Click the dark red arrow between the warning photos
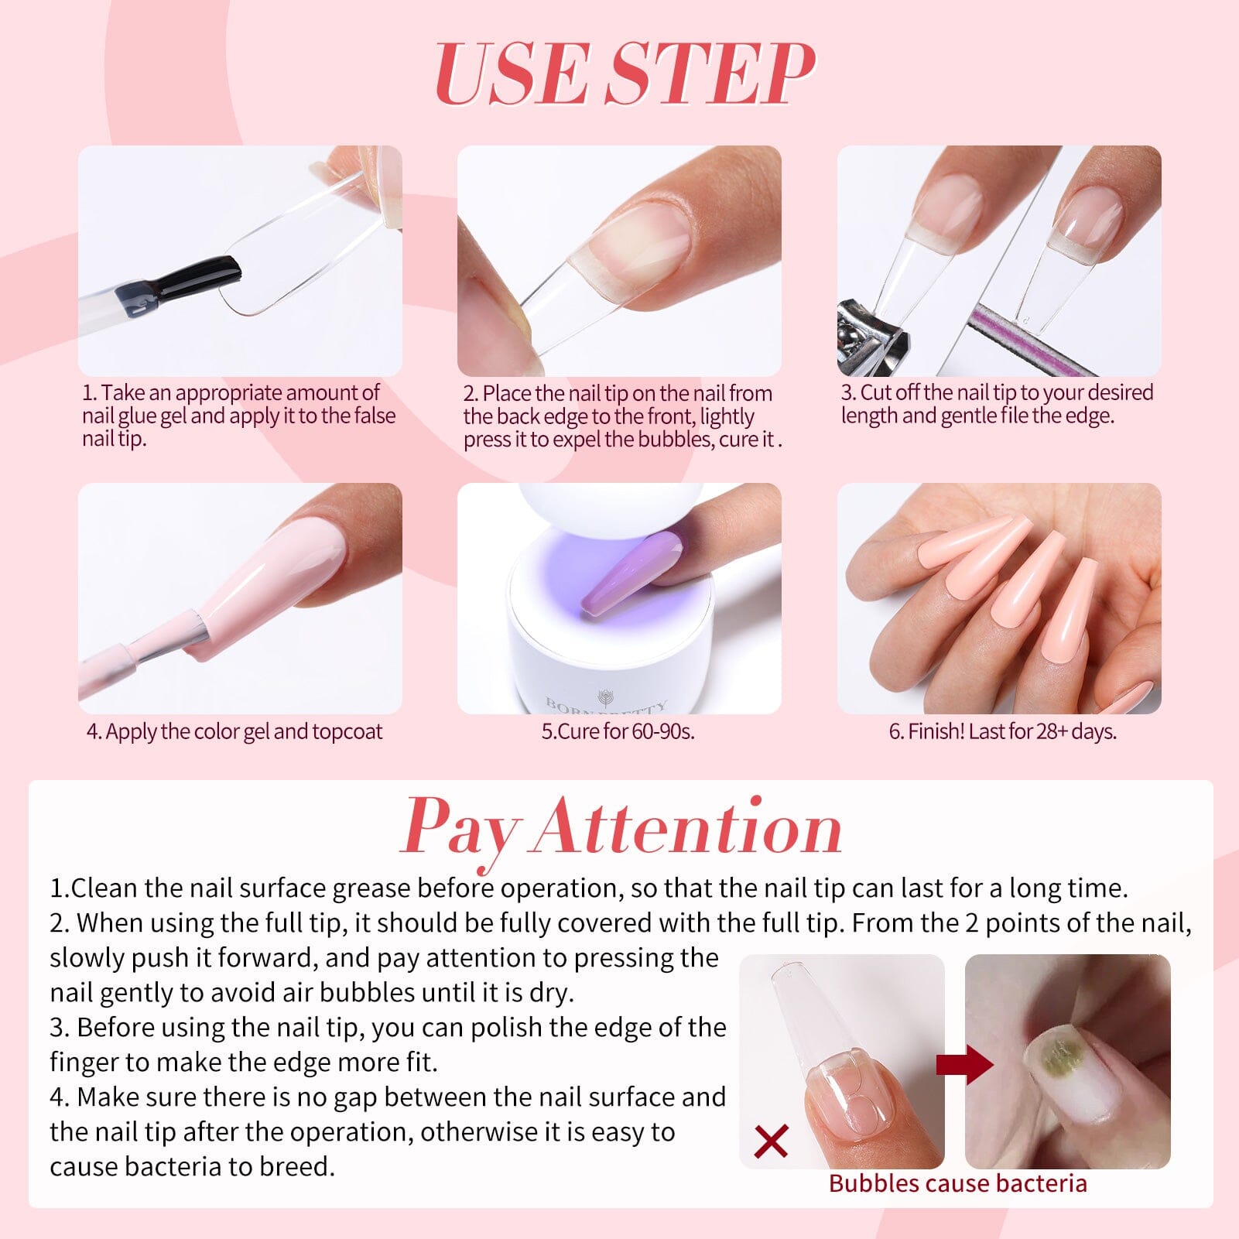pos(963,1066)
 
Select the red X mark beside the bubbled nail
pos(771,1141)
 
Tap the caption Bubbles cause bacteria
pos(957,1183)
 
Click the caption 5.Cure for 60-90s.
pos(618,731)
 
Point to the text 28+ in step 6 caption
pos(1052,731)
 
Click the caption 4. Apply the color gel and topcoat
pos(234,731)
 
